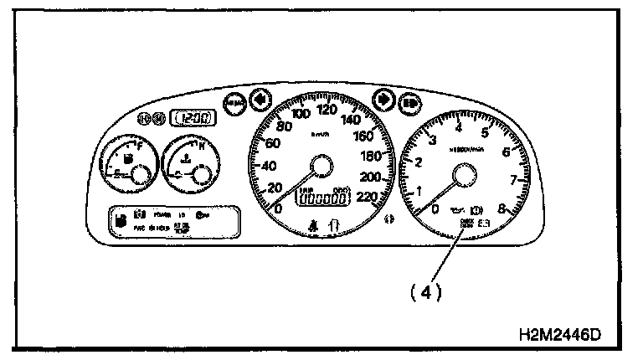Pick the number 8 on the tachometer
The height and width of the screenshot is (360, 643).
click(x=502, y=209)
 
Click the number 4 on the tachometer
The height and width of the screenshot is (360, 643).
click(x=458, y=127)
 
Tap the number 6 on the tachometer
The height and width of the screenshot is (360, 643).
click(x=506, y=152)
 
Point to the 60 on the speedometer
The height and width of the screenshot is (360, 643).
click(x=270, y=143)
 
